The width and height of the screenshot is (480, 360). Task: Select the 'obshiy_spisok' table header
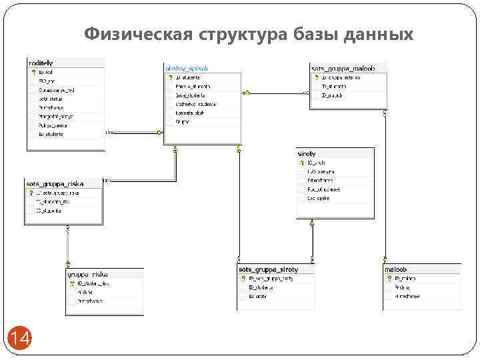[186, 68]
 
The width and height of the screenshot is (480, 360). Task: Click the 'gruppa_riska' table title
[87, 273]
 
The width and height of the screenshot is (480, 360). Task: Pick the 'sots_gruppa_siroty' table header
[268, 269]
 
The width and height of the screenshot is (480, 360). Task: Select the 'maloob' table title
[395, 269]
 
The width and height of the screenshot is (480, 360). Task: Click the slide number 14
[20, 339]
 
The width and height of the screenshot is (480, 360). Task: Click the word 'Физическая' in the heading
[137, 33]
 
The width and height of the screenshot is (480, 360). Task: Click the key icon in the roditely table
[33, 71]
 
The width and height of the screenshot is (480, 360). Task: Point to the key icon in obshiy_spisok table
[171, 77]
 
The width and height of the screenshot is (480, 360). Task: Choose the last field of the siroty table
[319, 198]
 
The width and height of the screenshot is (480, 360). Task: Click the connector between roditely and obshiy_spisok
[133, 132]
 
